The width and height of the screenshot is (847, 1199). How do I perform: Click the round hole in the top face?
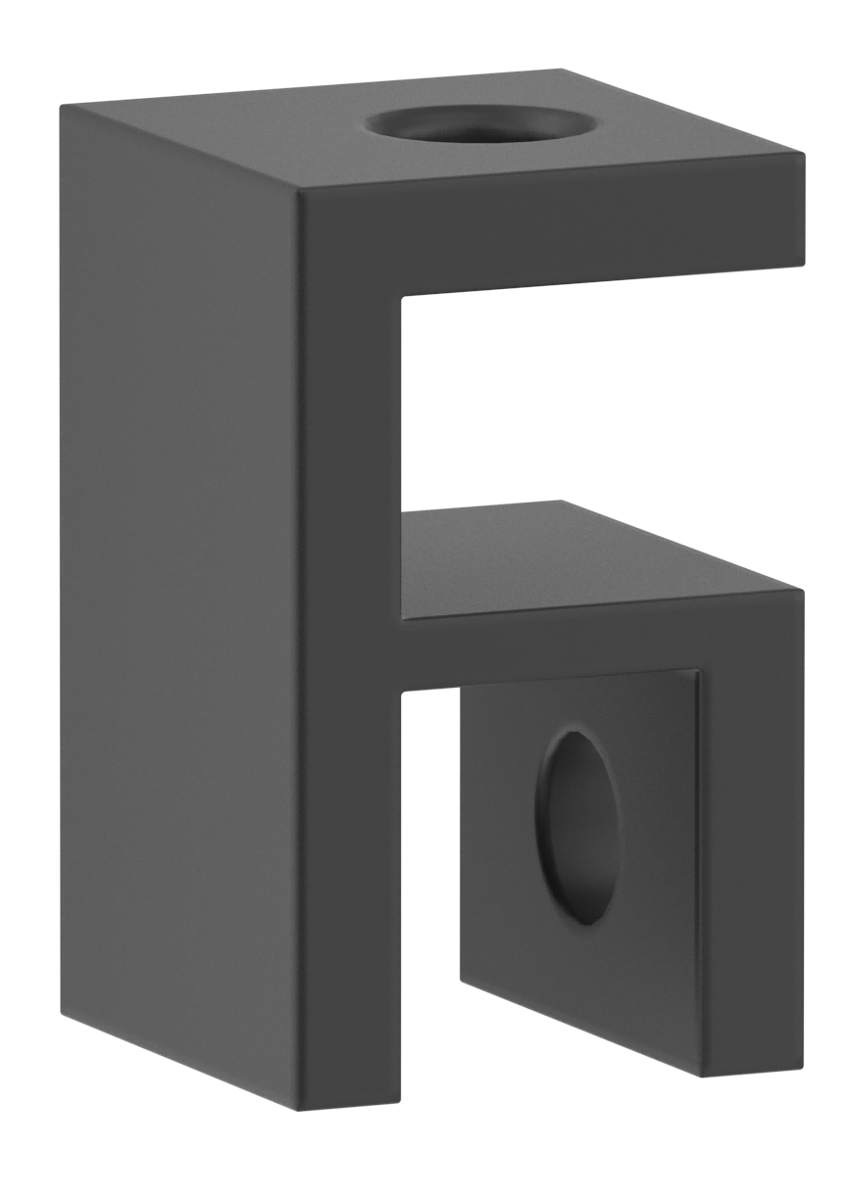click(484, 126)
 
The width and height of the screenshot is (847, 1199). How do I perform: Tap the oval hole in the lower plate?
click(580, 827)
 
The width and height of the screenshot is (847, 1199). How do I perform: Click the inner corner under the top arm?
click(403, 296)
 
